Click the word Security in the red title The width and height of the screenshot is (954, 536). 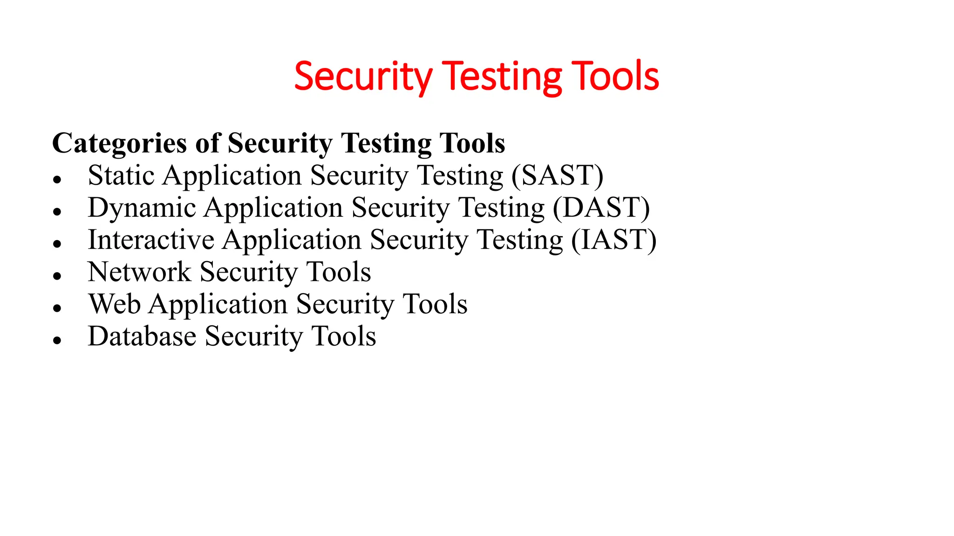pyautogui.click(x=363, y=77)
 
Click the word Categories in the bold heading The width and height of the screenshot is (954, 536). pyautogui.click(x=119, y=143)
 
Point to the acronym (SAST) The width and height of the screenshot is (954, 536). pyautogui.click(x=557, y=176)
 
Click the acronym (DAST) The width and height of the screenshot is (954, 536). pyautogui.click(x=601, y=208)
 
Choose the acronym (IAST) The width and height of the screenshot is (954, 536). pyautogui.click(x=613, y=240)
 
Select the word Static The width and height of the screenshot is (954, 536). pyautogui.click(x=121, y=176)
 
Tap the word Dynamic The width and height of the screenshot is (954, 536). pyautogui.click(x=142, y=208)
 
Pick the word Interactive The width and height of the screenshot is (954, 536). pyautogui.click(x=151, y=240)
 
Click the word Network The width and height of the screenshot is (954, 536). pyautogui.click(x=139, y=272)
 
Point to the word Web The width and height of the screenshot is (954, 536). pyautogui.click(x=115, y=304)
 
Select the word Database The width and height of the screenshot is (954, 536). pyautogui.click(x=142, y=336)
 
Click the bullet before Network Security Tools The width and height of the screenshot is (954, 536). pyautogui.click(x=57, y=276)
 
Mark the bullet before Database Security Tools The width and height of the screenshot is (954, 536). pyautogui.click(x=57, y=340)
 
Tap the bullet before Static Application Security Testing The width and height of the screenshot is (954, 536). pyautogui.click(x=57, y=180)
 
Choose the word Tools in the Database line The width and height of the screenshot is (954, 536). pyautogui.click(x=344, y=336)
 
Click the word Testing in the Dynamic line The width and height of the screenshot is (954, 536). pyautogui.click(x=501, y=208)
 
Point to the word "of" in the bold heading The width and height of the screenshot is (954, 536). pyautogui.click(x=207, y=143)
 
